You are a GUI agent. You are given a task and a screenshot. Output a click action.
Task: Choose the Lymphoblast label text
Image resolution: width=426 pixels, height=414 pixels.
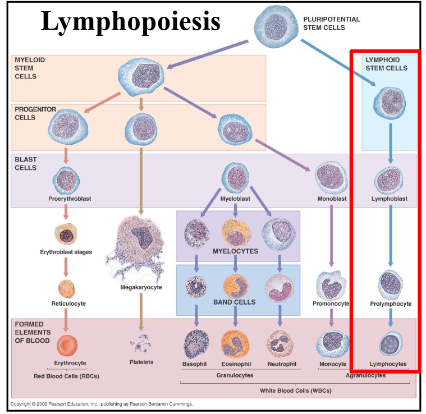[x=389, y=199]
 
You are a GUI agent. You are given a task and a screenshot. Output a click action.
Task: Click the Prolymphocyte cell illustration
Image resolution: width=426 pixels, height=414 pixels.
[x=390, y=283]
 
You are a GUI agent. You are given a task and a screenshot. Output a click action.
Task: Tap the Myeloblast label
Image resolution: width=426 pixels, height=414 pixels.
[x=235, y=199]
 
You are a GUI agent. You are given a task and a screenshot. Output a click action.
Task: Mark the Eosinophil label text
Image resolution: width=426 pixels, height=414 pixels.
[x=235, y=364]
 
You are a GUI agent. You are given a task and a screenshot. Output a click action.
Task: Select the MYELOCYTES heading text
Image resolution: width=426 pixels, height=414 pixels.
[x=236, y=251]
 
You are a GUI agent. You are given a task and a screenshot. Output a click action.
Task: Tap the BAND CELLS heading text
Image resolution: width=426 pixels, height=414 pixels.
[x=235, y=302]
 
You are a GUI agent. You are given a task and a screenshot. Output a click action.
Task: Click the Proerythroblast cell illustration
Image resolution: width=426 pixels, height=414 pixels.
[x=67, y=179]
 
